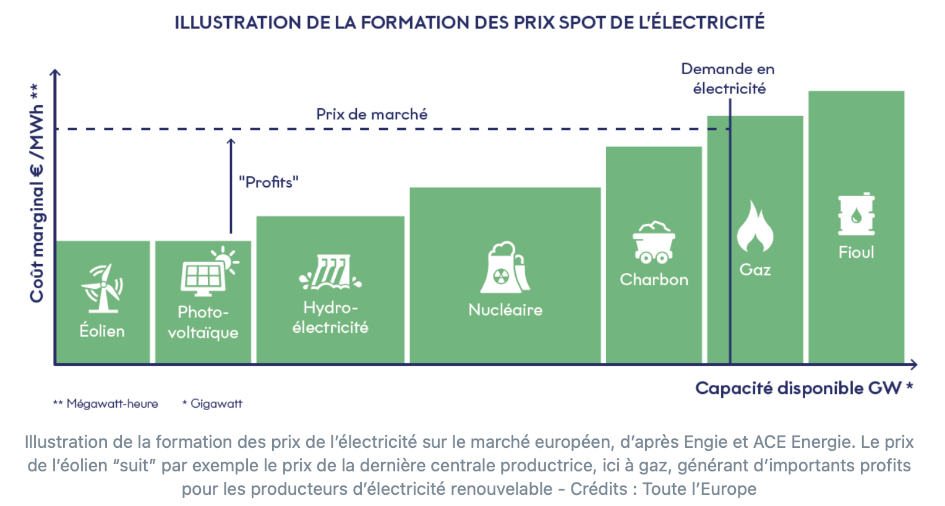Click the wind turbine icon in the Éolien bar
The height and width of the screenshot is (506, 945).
tap(102, 288)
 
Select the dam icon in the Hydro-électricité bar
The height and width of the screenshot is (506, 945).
tap(330, 273)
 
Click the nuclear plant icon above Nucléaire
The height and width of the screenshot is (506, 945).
tap(505, 268)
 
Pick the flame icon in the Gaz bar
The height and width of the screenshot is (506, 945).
tap(755, 226)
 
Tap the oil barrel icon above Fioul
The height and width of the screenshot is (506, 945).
tap(856, 214)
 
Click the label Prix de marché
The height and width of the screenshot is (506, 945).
tap(372, 114)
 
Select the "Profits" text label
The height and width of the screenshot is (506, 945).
tap(268, 182)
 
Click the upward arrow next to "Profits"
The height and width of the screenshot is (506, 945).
tap(231, 186)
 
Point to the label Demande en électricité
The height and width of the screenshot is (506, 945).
tap(728, 79)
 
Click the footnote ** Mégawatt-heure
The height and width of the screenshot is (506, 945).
tap(106, 404)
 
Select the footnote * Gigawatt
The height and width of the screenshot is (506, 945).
tap(212, 404)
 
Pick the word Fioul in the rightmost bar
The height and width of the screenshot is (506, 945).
tap(856, 252)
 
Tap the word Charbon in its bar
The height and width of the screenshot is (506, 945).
tap(654, 280)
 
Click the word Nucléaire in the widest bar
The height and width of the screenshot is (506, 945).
tap(505, 310)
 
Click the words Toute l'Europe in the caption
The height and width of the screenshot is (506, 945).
tap(699, 489)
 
